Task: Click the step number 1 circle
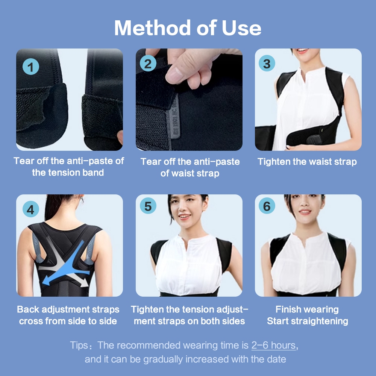click(31, 67)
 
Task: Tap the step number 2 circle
click(148, 63)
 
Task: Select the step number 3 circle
click(267, 63)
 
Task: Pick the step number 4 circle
click(31, 209)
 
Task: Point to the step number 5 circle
click(148, 206)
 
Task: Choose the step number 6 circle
click(267, 206)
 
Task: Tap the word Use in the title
click(241, 28)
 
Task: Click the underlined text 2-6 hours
click(273, 345)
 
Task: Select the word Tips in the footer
click(79, 345)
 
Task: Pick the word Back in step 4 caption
click(28, 309)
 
